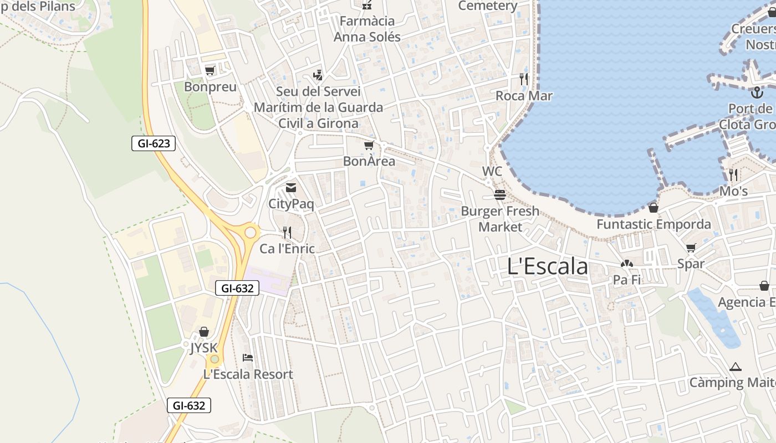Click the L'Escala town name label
(x=547, y=266)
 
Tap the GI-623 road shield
(x=154, y=144)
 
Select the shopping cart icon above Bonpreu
(x=210, y=70)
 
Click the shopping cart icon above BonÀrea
(x=369, y=145)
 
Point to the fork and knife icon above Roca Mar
(x=524, y=79)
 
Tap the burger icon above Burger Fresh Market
(x=500, y=194)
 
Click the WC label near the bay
(x=492, y=171)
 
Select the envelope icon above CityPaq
(x=291, y=188)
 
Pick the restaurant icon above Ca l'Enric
(x=287, y=232)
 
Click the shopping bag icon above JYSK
(x=204, y=332)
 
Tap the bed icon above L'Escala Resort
(x=248, y=358)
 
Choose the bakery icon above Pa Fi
(x=627, y=264)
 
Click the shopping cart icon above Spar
(x=691, y=248)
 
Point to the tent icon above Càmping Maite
(x=736, y=366)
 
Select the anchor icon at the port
(x=757, y=92)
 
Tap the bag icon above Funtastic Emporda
(x=654, y=208)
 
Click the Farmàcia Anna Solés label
(x=367, y=29)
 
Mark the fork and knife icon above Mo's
(x=733, y=175)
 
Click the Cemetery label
(x=488, y=6)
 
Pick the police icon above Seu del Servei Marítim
(x=318, y=75)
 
